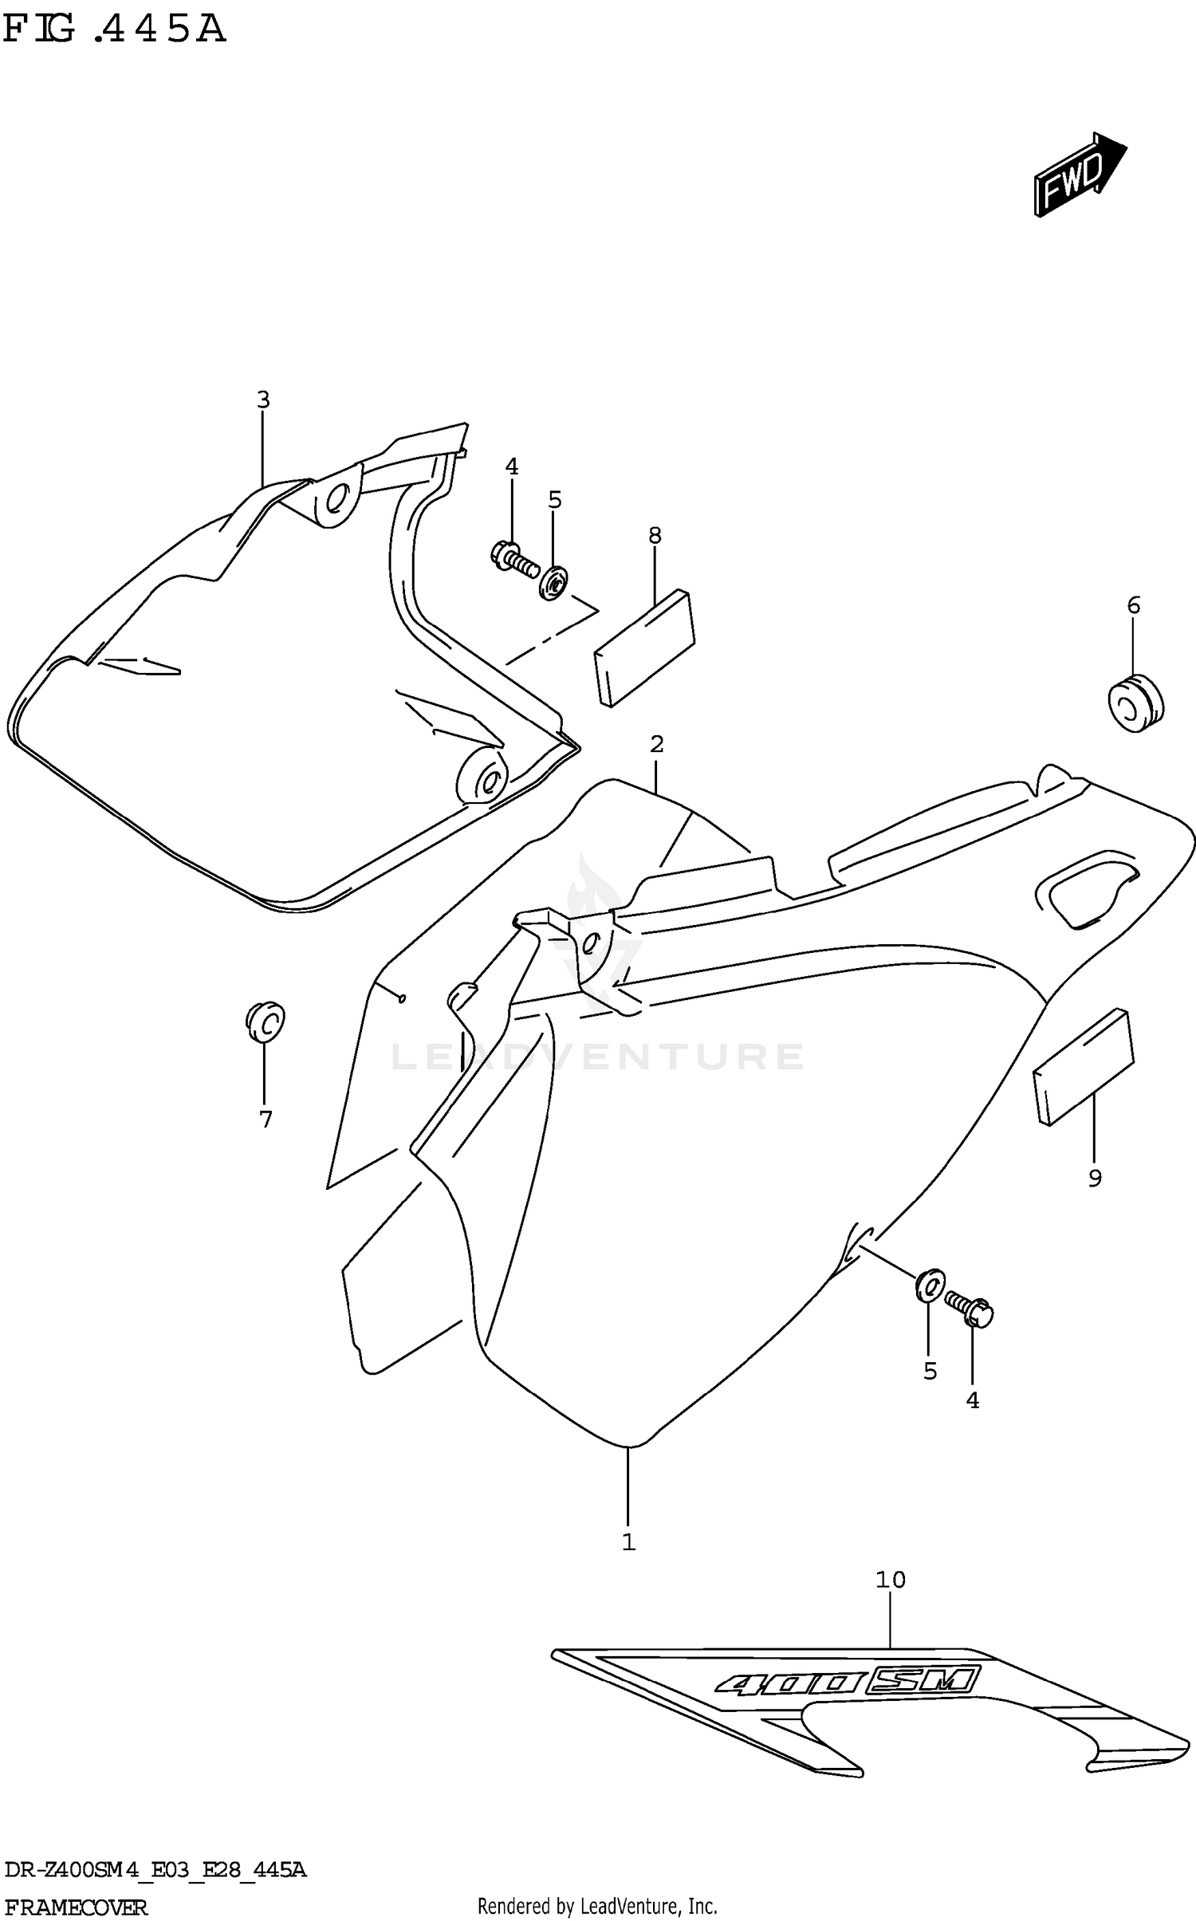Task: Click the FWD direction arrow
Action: pos(1079,174)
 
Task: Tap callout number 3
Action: pos(263,400)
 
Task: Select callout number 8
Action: pos(655,536)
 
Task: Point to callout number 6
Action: pos(1134,605)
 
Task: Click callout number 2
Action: pos(656,744)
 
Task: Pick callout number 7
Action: pos(266,1120)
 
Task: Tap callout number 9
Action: pos(1095,1178)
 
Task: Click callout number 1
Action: pos(628,1542)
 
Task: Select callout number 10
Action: pos(891,1580)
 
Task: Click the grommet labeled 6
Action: pos(1135,703)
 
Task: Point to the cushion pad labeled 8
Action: pos(645,648)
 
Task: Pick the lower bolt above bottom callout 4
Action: pos(970,1309)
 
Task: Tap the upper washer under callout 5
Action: pos(553,582)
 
